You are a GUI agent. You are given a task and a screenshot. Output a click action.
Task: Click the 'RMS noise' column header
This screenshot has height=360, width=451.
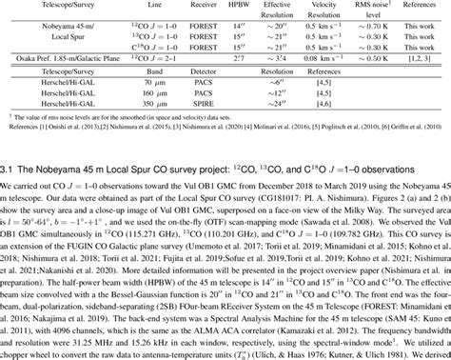(x=373, y=4)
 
